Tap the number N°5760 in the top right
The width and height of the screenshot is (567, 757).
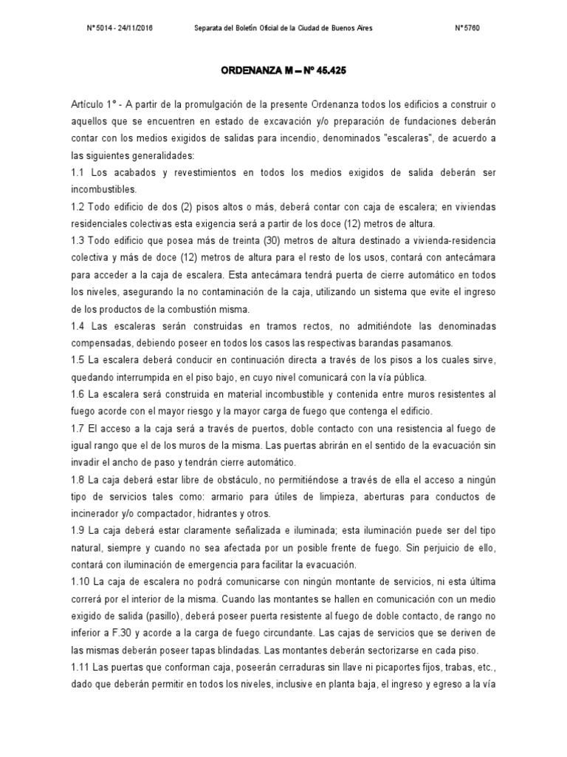(x=468, y=28)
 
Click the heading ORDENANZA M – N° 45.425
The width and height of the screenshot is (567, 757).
(x=283, y=72)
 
